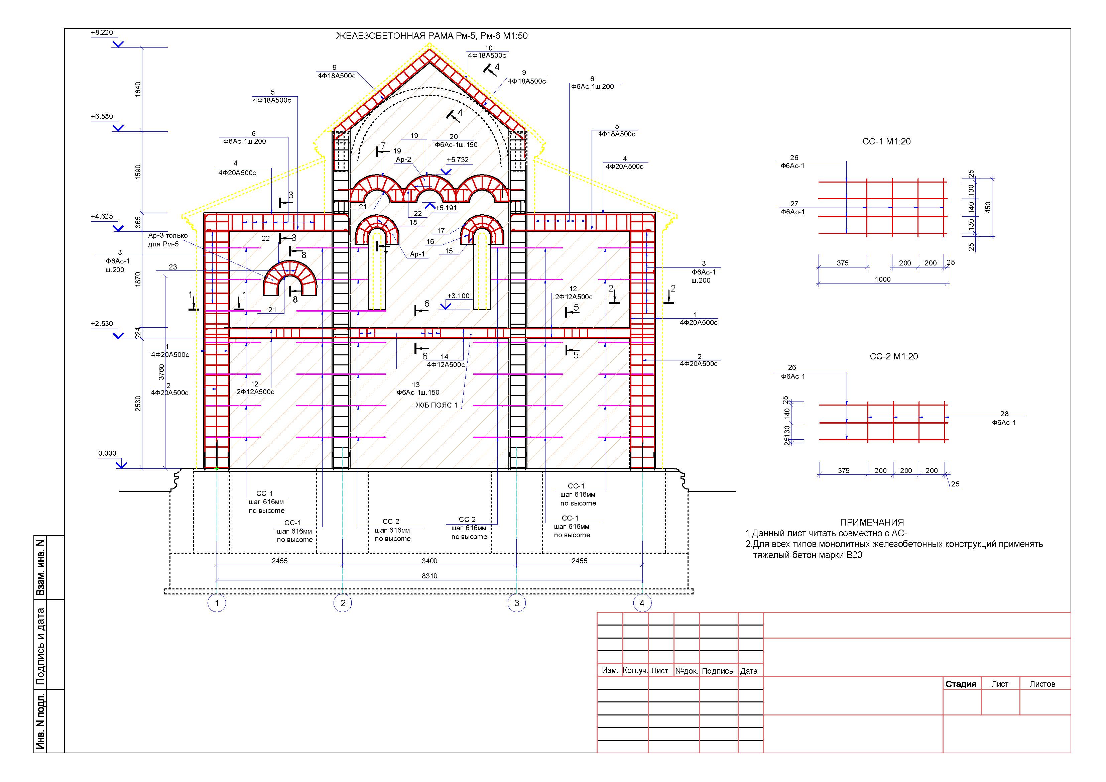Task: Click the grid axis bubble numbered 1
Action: point(217,603)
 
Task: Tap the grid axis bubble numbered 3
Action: point(517,603)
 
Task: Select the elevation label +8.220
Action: point(102,33)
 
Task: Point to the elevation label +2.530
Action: point(102,324)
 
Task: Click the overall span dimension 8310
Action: point(429,576)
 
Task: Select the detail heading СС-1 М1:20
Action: point(886,142)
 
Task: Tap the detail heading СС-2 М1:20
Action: point(893,356)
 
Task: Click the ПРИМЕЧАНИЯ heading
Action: point(872,522)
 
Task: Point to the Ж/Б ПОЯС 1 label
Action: point(437,405)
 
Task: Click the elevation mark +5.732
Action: point(457,160)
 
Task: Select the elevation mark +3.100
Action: point(458,296)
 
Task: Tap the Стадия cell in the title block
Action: point(961,684)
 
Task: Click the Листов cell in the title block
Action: point(1042,684)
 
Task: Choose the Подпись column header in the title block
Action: point(717,671)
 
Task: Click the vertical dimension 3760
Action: point(161,372)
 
